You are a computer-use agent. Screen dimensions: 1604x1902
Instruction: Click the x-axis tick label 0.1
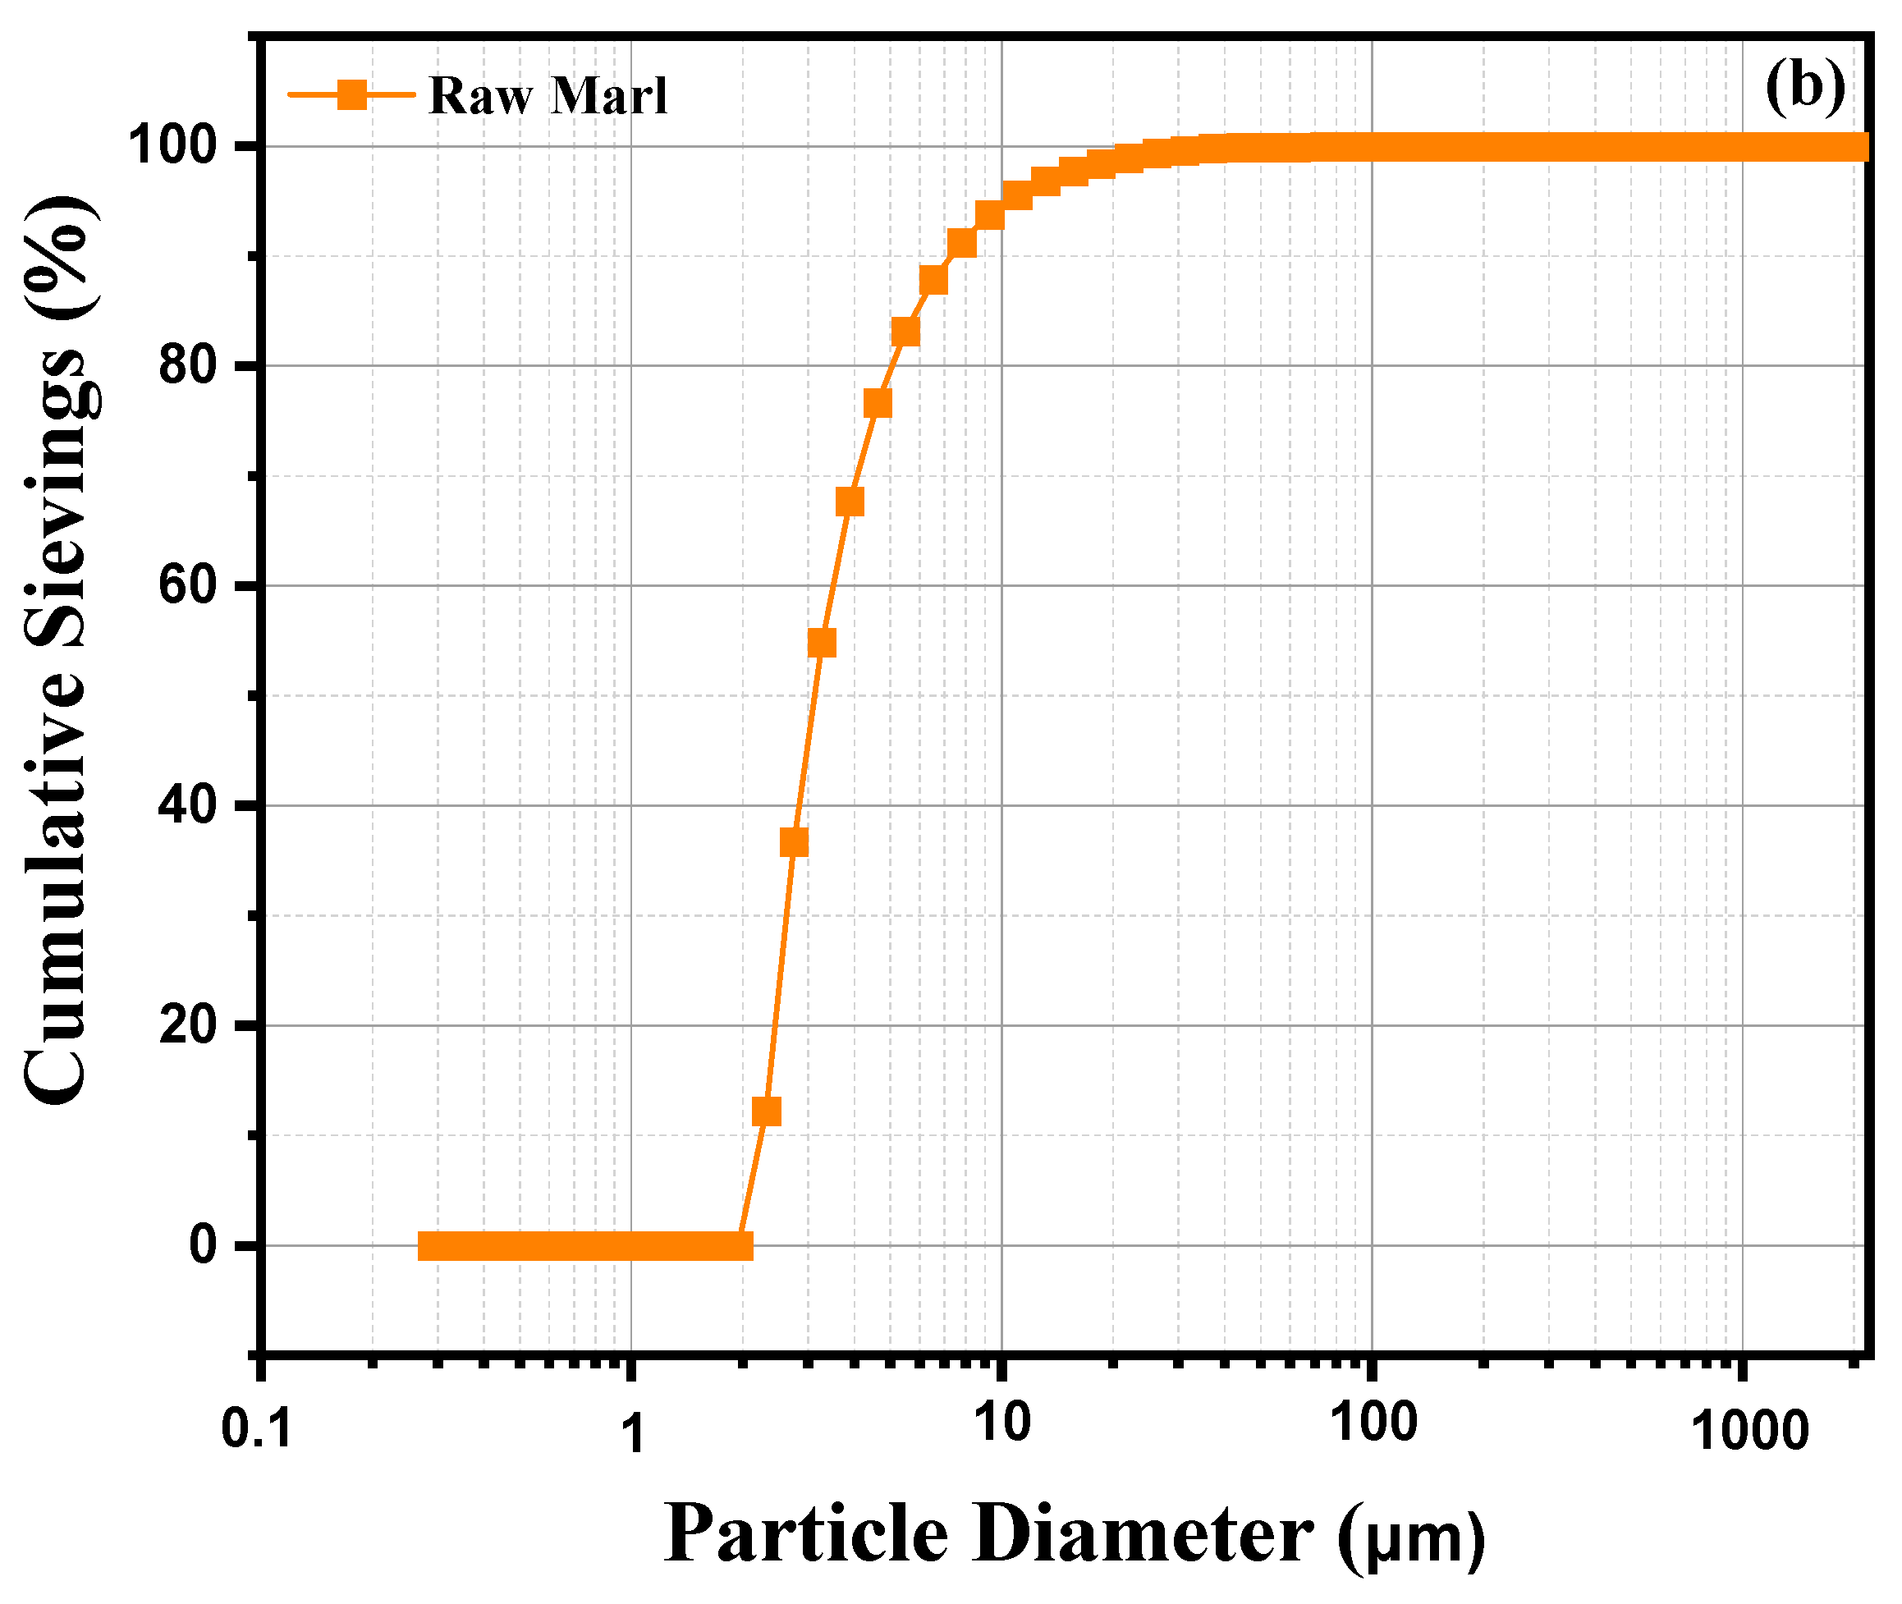click(256, 1430)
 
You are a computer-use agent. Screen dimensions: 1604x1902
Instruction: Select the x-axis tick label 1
click(632, 1434)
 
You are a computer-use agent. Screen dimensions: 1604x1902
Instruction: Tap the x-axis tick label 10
click(1002, 1423)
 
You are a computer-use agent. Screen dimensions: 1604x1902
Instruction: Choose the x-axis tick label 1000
click(1749, 1432)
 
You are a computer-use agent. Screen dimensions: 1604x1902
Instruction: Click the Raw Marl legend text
click(548, 96)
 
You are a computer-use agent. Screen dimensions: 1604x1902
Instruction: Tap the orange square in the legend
click(352, 94)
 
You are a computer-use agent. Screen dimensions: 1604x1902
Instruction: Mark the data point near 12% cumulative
click(767, 1111)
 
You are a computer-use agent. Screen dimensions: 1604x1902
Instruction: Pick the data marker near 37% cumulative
click(794, 843)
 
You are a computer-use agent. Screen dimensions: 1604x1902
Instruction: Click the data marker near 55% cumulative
click(821, 643)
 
